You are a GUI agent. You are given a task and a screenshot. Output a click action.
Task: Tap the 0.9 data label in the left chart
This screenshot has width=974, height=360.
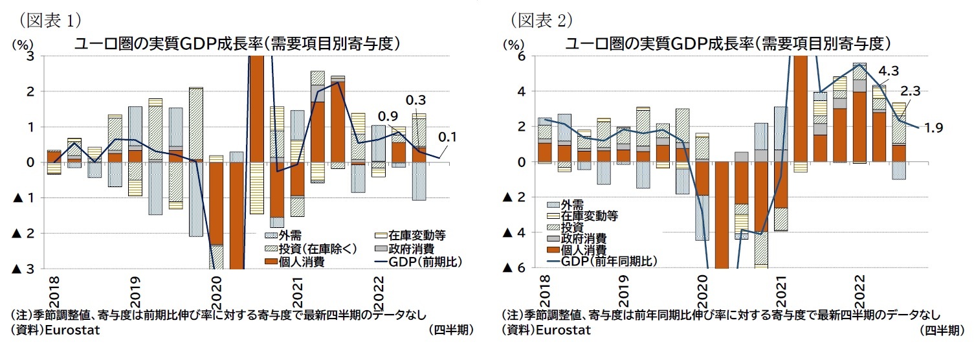[x=388, y=117]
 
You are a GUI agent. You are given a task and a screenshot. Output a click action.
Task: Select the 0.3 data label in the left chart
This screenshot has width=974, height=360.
[x=415, y=100]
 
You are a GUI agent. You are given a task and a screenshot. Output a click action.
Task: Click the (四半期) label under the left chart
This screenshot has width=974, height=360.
[x=450, y=330]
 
